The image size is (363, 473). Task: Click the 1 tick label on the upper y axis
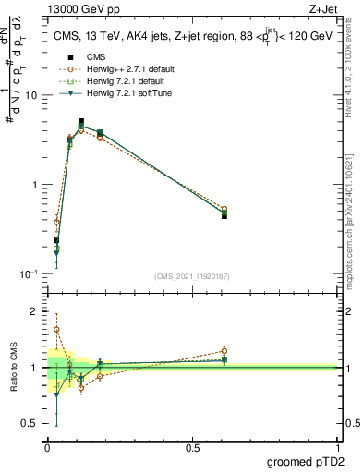[34, 185]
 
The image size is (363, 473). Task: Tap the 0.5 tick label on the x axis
[192, 448]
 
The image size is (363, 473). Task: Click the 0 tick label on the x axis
[47, 448]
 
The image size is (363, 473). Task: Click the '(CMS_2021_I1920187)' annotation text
[191, 275]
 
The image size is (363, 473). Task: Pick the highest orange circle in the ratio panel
[56, 329]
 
